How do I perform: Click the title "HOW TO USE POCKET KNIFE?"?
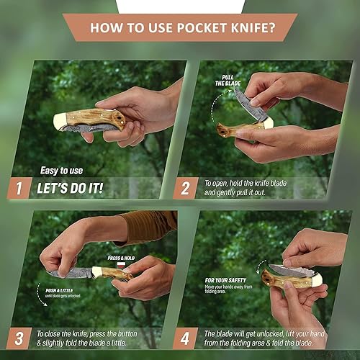point(180,28)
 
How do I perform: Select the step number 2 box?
point(186,189)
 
